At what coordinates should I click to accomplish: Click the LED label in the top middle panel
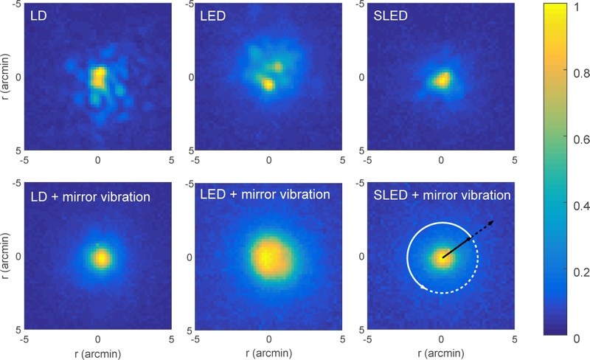[x=212, y=15]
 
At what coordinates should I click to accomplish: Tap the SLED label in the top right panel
[x=386, y=15]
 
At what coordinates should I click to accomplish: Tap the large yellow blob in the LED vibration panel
[x=268, y=257]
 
